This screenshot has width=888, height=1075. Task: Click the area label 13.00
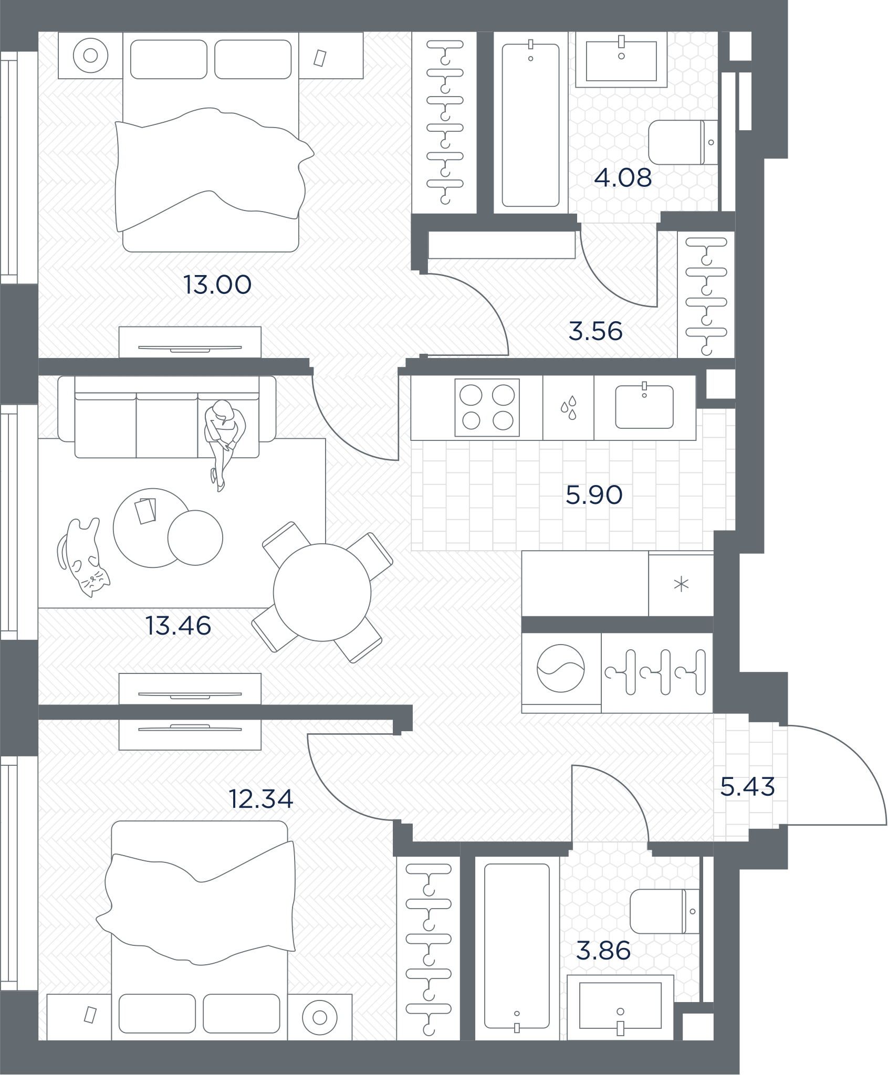click(217, 285)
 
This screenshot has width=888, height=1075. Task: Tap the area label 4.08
click(623, 178)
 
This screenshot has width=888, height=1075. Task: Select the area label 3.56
click(596, 331)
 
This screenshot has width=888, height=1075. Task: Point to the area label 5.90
click(594, 494)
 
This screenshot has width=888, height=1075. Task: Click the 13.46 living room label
click(179, 626)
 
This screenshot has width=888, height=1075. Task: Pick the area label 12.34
click(261, 799)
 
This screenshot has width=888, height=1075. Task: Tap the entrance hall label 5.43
click(747, 787)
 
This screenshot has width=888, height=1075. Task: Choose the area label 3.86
click(603, 951)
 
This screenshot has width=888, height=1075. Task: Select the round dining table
click(322, 592)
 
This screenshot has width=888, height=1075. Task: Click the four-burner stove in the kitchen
click(487, 407)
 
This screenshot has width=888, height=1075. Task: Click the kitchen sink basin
click(644, 407)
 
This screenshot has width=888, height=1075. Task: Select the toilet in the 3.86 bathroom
click(665, 911)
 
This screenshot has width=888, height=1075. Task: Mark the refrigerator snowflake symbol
click(681, 584)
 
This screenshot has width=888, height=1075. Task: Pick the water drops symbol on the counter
click(568, 407)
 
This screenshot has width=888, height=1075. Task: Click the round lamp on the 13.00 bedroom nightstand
click(90, 55)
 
